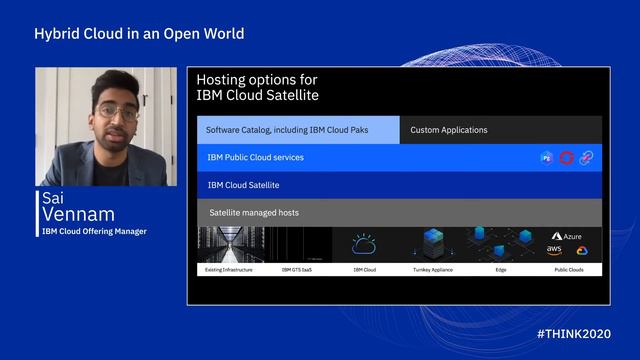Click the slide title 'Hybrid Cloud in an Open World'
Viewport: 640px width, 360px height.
pyautogui.click(x=139, y=34)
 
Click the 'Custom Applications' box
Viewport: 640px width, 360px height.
pyautogui.click(x=449, y=130)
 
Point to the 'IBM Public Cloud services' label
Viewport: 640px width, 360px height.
pyautogui.click(x=255, y=157)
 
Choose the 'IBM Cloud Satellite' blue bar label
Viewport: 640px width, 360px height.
pyautogui.click(x=243, y=185)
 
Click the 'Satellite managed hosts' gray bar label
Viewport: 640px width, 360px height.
pyautogui.click(x=254, y=213)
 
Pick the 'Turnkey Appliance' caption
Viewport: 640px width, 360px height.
pyautogui.click(x=433, y=270)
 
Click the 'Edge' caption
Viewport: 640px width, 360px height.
pyautogui.click(x=500, y=270)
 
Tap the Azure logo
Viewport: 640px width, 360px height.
pyautogui.click(x=566, y=237)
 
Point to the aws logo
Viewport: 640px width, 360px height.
pyautogui.click(x=554, y=250)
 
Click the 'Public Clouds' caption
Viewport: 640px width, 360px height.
pyautogui.click(x=568, y=270)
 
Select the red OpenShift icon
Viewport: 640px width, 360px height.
pyautogui.click(x=567, y=158)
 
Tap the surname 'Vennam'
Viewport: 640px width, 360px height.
pyautogui.click(x=79, y=215)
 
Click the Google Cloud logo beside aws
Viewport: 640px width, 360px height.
pyautogui.click(x=582, y=251)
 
